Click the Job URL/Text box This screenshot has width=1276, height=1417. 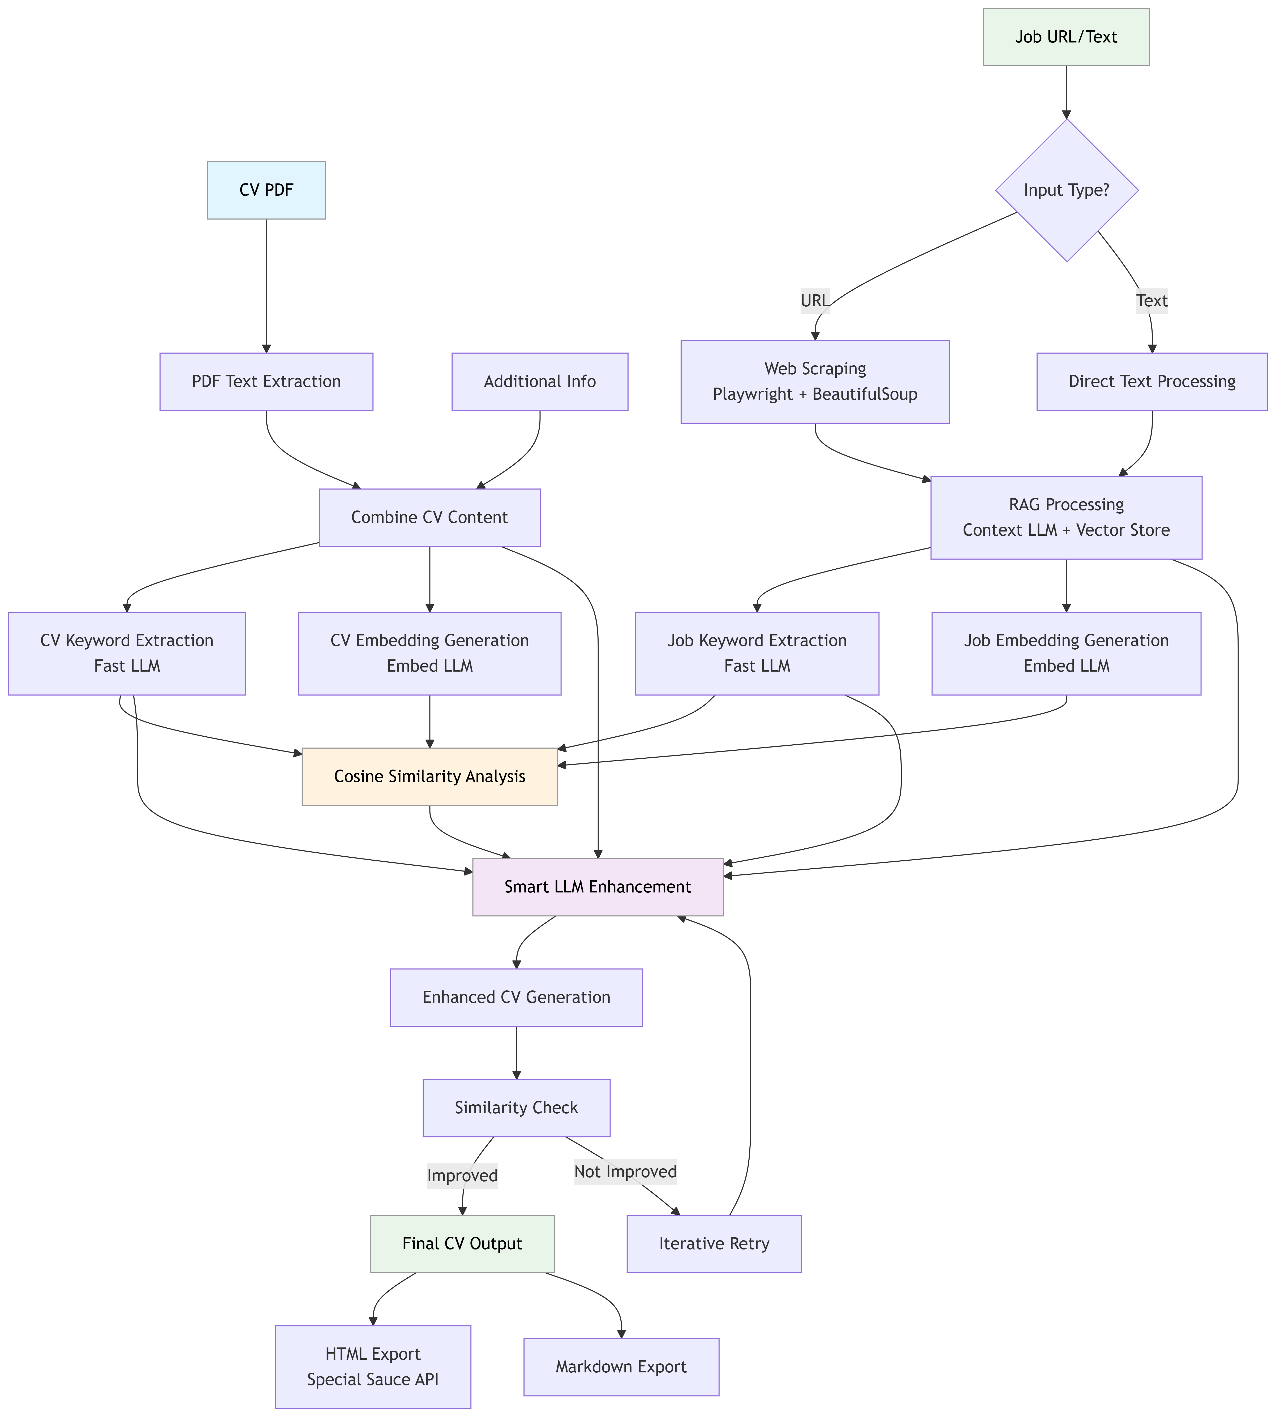pyautogui.click(x=1066, y=37)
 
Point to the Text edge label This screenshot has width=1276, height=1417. pyautogui.click(x=1152, y=301)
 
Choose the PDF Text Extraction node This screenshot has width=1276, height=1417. pyautogui.click(x=267, y=381)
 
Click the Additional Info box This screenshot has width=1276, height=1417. pyautogui.click(x=540, y=381)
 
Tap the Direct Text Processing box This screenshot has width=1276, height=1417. pyautogui.click(x=1152, y=381)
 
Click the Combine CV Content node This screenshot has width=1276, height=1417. pyautogui.click(x=430, y=517)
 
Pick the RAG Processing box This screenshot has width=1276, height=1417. pyautogui.click(x=1066, y=517)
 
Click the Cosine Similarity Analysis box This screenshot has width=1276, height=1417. pyautogui.click(x=430, y=777)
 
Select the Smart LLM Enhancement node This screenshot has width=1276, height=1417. pyautogui.click(x=598, y=887)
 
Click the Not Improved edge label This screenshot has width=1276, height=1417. pyautogui.click(x=625, y=1172)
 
